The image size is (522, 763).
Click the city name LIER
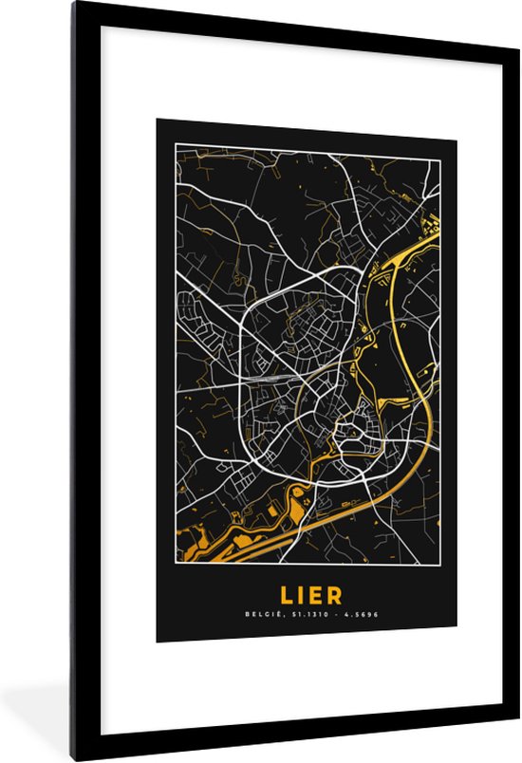(x=306, y=595)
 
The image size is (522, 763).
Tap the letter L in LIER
(x=285, y=595)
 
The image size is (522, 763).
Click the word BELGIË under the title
(x=261, y=615)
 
